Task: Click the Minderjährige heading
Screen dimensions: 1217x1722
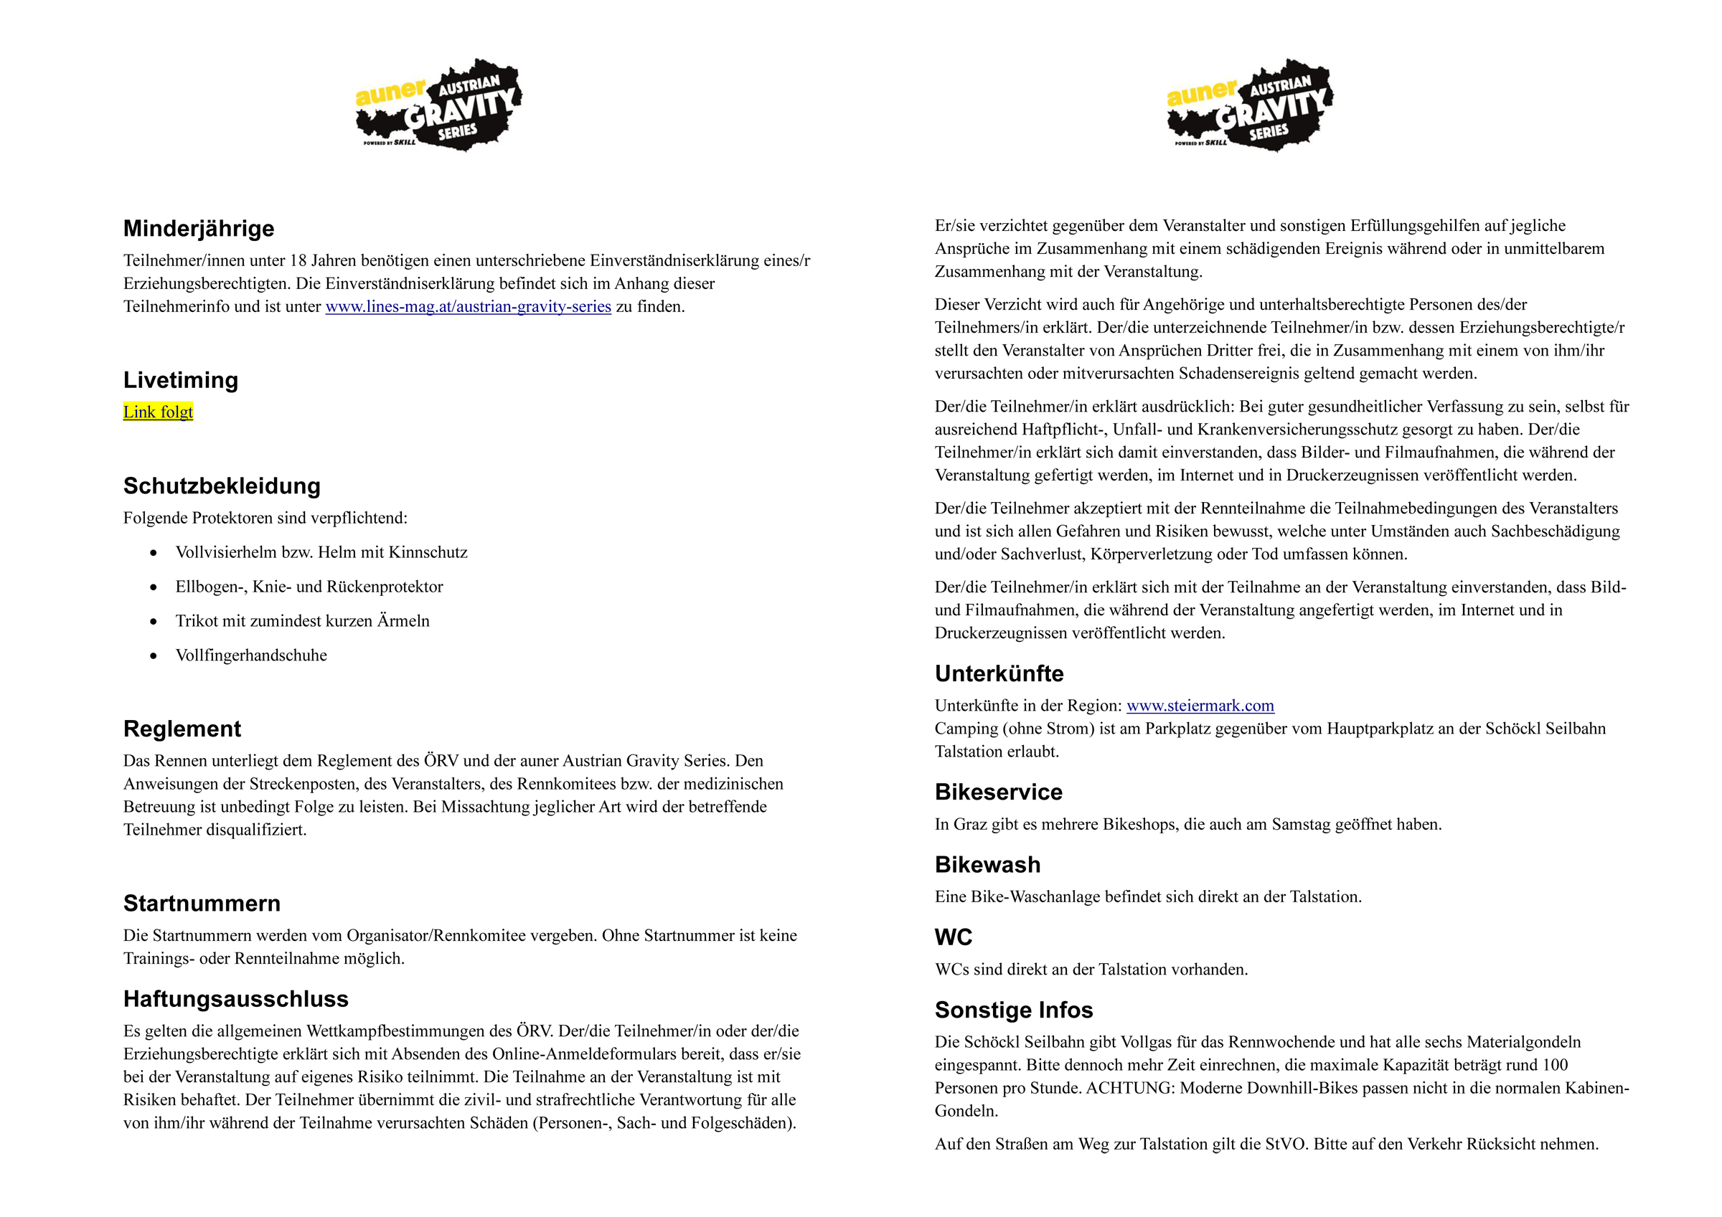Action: pyautogui.click(x=199, y=228)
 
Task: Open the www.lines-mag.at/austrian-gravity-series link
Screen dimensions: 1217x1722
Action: pyautogui.click(x=468, y=307)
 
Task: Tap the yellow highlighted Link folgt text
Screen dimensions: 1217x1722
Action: pyautogui.click(x=159, y=412)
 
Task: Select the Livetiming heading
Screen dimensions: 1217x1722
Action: pyautogui.click(x=181, y=380)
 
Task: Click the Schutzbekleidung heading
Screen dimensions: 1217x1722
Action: pyautogui.click(x=222, y=486)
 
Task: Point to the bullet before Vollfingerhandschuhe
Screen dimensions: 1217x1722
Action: pyautogui.click(x=154, y=656)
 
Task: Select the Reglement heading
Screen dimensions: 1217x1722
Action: pyautogui.click(x=182, y=729)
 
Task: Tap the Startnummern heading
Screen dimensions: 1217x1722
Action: pyautogui.click(x=202, y=904)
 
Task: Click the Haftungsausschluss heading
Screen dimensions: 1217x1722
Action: pyautogui.click(x=236, y=999)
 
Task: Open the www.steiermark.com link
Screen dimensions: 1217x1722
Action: pyautogui.click(x=1200, y=706)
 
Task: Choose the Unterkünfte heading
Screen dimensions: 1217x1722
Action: pyautogui.click(x=999, y=673)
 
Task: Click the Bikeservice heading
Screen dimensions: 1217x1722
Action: pyautogui.click(x=998, y=792)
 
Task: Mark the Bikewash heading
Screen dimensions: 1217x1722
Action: pyautogui.click(x=988, y=865)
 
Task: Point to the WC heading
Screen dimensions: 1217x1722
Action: pyautogui.click(x=954, y=937)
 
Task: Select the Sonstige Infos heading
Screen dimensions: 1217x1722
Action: pyautogui.click(x=1014, y=1010)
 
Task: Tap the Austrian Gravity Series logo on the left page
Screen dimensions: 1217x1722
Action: pyautogui.click(x=438, y=105)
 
